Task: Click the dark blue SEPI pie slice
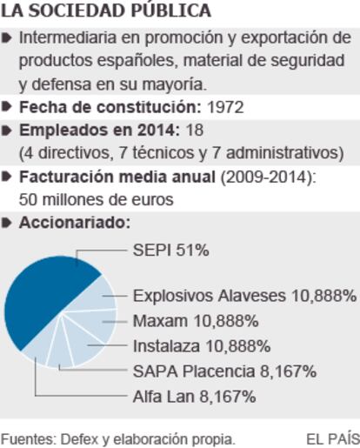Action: pos(43,298)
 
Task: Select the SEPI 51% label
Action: pos(171,250)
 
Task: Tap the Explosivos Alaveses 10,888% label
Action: pos(244,296)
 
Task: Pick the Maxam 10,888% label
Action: pos(196,321)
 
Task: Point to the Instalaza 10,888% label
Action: pos(202,346)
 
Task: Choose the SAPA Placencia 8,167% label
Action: pos(224,371)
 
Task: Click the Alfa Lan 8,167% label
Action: pos(194,397)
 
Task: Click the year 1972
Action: pos(225,107)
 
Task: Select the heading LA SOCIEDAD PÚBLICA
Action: pos(106,10)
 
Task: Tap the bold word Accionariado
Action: pos(75,223)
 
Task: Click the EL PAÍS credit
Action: pos(333,439)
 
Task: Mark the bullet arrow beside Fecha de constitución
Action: pos(6,107)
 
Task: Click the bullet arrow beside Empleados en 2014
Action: pos(6,130)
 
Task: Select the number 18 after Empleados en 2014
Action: pos(195,130)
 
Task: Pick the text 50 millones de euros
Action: pos(97,199)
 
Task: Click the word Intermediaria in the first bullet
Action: pos(68,37)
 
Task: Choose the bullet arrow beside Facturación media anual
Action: pos(6,177)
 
